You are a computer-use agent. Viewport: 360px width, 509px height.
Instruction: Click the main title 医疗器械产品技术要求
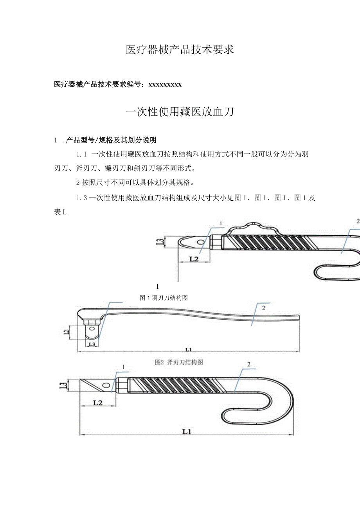180,50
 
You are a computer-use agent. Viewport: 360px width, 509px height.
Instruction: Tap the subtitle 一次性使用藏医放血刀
180,112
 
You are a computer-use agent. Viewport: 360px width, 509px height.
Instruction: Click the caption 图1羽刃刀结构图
164,298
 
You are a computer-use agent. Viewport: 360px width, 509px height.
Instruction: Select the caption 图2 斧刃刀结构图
179,362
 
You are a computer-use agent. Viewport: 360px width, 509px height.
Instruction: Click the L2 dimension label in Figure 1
194,259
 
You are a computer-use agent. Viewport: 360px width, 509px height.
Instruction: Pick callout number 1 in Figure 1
221,223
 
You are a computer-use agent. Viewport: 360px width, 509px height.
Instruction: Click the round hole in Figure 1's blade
200,242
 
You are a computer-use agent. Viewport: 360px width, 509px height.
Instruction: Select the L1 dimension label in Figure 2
189,349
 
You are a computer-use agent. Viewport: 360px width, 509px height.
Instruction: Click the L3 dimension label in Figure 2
92,344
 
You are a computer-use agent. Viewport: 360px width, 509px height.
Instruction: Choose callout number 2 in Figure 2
263,308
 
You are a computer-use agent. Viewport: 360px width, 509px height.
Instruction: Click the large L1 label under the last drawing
187,432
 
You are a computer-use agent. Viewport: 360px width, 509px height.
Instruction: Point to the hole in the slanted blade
105,385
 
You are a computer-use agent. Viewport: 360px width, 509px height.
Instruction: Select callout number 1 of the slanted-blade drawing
123,367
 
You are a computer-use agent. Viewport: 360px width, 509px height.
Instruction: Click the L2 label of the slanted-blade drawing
98,402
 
